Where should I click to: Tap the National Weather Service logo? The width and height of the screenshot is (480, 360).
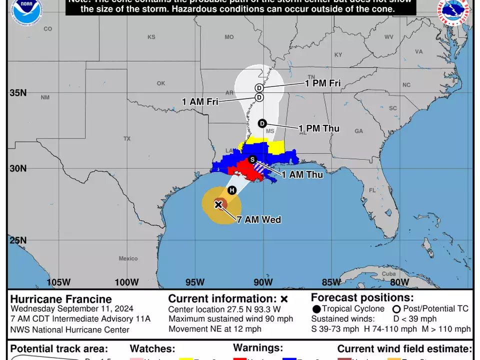(455, 11)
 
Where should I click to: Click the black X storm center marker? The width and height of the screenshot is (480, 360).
(218, 204)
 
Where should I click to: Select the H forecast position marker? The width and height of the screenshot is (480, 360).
(231, 190)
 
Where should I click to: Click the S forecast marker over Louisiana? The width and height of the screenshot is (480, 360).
(253, 159)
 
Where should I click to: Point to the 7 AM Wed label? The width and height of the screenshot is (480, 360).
(258, 219)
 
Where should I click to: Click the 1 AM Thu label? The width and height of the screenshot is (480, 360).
(302, 174)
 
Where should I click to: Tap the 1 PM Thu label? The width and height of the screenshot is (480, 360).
(319, 128)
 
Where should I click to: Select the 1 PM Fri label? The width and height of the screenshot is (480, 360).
(323, 83)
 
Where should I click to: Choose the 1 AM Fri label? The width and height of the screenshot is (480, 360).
(200, 101)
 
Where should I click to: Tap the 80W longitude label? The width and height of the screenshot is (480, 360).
(399, 282)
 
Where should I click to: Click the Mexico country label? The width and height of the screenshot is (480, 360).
(128, 258)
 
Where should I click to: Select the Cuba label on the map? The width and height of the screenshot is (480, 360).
(388, 273)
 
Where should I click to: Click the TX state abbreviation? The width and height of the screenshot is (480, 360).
(127, 138)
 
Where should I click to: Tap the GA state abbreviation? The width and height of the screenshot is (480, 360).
(358, 131)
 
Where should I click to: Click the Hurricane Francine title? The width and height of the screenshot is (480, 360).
(61, 299)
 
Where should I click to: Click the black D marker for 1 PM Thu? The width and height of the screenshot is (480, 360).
(262, 123)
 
